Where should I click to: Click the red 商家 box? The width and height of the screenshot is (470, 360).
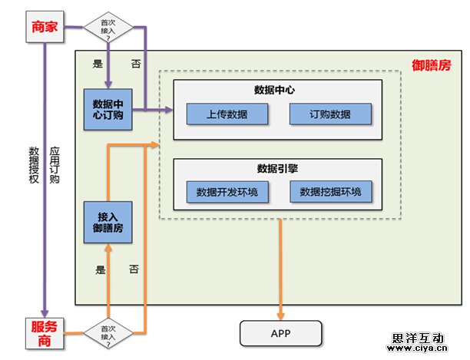tap(45, 27)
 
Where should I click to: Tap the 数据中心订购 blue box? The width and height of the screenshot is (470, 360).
tap(109, 110)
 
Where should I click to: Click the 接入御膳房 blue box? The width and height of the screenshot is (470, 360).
tap(109, 222)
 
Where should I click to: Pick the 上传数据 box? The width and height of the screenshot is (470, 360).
tap(227, 114)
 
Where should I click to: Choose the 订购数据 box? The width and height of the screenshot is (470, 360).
tap(330, 114)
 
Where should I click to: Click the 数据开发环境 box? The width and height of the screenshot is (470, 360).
tap(227, 192)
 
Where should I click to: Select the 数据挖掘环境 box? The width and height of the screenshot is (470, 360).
tap(330, 192)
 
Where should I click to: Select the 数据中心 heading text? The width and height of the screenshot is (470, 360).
tap(277, 91)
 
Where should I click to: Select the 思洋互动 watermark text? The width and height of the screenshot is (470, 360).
tap(418, 338)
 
